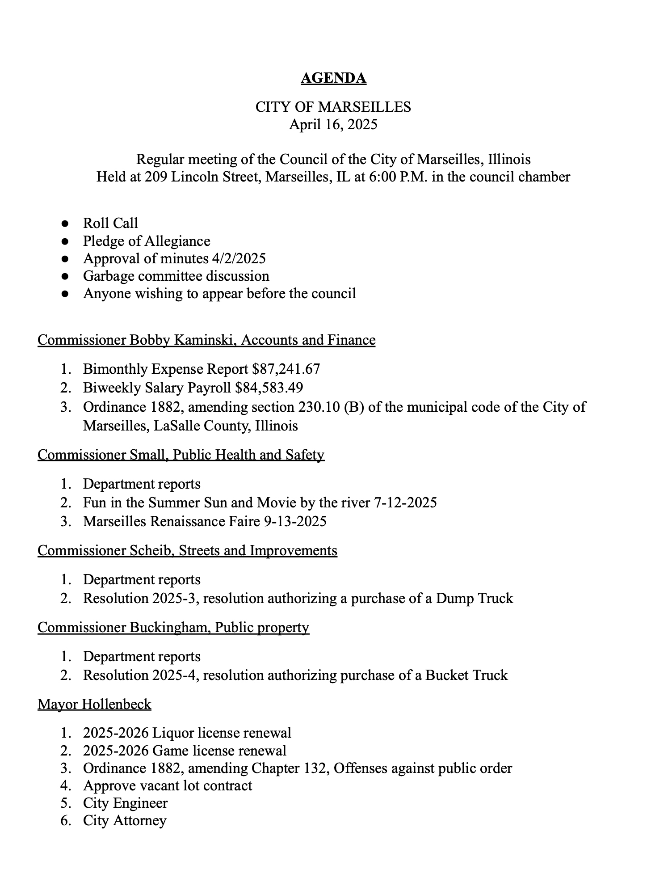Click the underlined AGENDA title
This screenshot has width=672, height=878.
[x=333, y=78]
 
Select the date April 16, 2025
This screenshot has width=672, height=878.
[x=333, y=124]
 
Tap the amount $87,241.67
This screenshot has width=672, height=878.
[x=286, y=369]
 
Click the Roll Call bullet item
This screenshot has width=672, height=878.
[x=110, y=223]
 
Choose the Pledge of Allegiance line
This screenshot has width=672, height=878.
[x=147, y=241]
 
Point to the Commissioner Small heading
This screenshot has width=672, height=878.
[x=181, y=455]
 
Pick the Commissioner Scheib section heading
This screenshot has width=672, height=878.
[x=187, y=550]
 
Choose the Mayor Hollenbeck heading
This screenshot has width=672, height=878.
[x=94, y=704]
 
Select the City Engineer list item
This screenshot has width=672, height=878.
[x=125, y=803]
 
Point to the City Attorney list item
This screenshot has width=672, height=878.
[x=125, y=820]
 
